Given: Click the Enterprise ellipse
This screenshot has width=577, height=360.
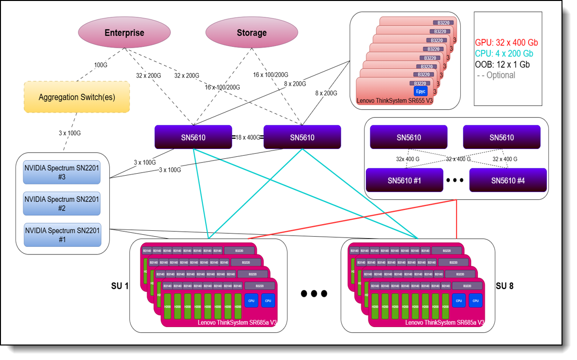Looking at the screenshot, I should click(124, 33).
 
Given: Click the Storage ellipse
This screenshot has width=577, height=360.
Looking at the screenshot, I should click(251, 33).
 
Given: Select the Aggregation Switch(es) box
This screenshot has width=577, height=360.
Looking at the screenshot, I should click(76, 97).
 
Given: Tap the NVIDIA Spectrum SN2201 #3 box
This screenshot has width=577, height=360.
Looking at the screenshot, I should click(62, 172).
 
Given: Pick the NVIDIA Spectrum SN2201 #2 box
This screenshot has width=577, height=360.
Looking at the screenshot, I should click(62, 204).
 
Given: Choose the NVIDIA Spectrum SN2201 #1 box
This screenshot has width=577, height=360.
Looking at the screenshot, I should click(62, 235).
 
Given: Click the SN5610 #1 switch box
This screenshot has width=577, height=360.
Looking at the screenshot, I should click(405, 180).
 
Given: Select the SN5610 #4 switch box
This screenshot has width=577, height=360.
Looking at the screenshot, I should click(508, 180).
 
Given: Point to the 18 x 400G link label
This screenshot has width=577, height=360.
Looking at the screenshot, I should click(247, 137).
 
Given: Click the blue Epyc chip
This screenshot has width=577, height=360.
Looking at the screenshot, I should click(420, 91).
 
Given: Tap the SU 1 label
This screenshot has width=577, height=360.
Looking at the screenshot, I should click(120, 285).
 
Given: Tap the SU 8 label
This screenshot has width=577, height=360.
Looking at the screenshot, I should click(504, 285).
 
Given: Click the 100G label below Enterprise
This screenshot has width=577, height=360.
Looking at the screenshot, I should click(100, 65).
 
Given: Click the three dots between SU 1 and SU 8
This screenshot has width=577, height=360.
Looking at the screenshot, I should click(314, 293).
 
